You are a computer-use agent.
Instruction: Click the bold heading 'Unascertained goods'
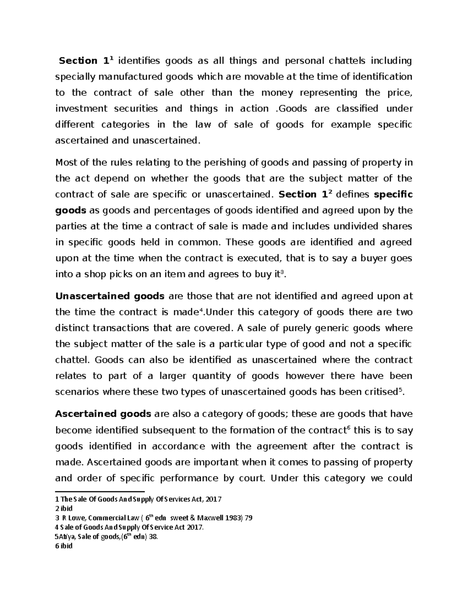(x=110, y=296)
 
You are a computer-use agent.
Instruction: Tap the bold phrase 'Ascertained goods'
(x=103, y=414)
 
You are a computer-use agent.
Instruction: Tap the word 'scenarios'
(x=77, y=392)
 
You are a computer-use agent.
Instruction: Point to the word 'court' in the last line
(x=249, y=478)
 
